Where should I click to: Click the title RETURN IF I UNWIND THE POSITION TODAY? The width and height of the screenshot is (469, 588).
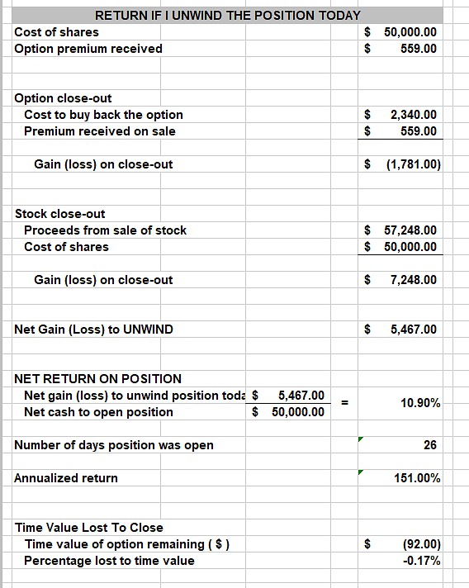[228, 15]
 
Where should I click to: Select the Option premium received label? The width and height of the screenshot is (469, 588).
[88, 48]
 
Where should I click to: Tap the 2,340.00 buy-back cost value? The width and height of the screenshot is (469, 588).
[414, 115]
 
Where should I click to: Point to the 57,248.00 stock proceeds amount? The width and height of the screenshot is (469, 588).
[410, 230]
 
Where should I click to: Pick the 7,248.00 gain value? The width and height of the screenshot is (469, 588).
[414, 280]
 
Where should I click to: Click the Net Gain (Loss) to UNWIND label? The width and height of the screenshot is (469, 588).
[94, 330]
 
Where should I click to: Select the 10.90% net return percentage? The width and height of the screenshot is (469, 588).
[420, 403]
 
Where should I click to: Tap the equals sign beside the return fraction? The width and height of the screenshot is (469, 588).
[345, 403]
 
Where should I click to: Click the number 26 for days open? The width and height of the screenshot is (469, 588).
[430, 445]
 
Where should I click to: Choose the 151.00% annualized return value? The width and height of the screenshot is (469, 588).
[418, 478]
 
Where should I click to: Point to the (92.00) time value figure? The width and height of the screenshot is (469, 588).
[421, 544]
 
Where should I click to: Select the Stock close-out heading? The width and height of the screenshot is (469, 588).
[60, 214]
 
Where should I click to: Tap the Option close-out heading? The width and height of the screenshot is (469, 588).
[64, 98]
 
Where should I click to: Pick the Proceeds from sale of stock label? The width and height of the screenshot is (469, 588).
[106, 230]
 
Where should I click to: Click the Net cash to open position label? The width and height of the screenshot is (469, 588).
[99, 412]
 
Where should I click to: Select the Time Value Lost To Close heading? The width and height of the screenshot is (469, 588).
[89, 528]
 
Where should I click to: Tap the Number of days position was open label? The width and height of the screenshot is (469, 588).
[114, 445]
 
